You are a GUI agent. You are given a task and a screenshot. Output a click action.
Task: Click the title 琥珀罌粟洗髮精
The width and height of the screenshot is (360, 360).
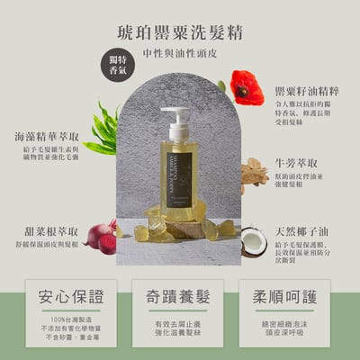coord(180,30)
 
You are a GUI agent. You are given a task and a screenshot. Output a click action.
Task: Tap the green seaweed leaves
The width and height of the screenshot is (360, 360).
coord(103,130)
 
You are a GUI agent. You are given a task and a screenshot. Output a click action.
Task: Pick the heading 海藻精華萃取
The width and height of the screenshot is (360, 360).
coord(48,137)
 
